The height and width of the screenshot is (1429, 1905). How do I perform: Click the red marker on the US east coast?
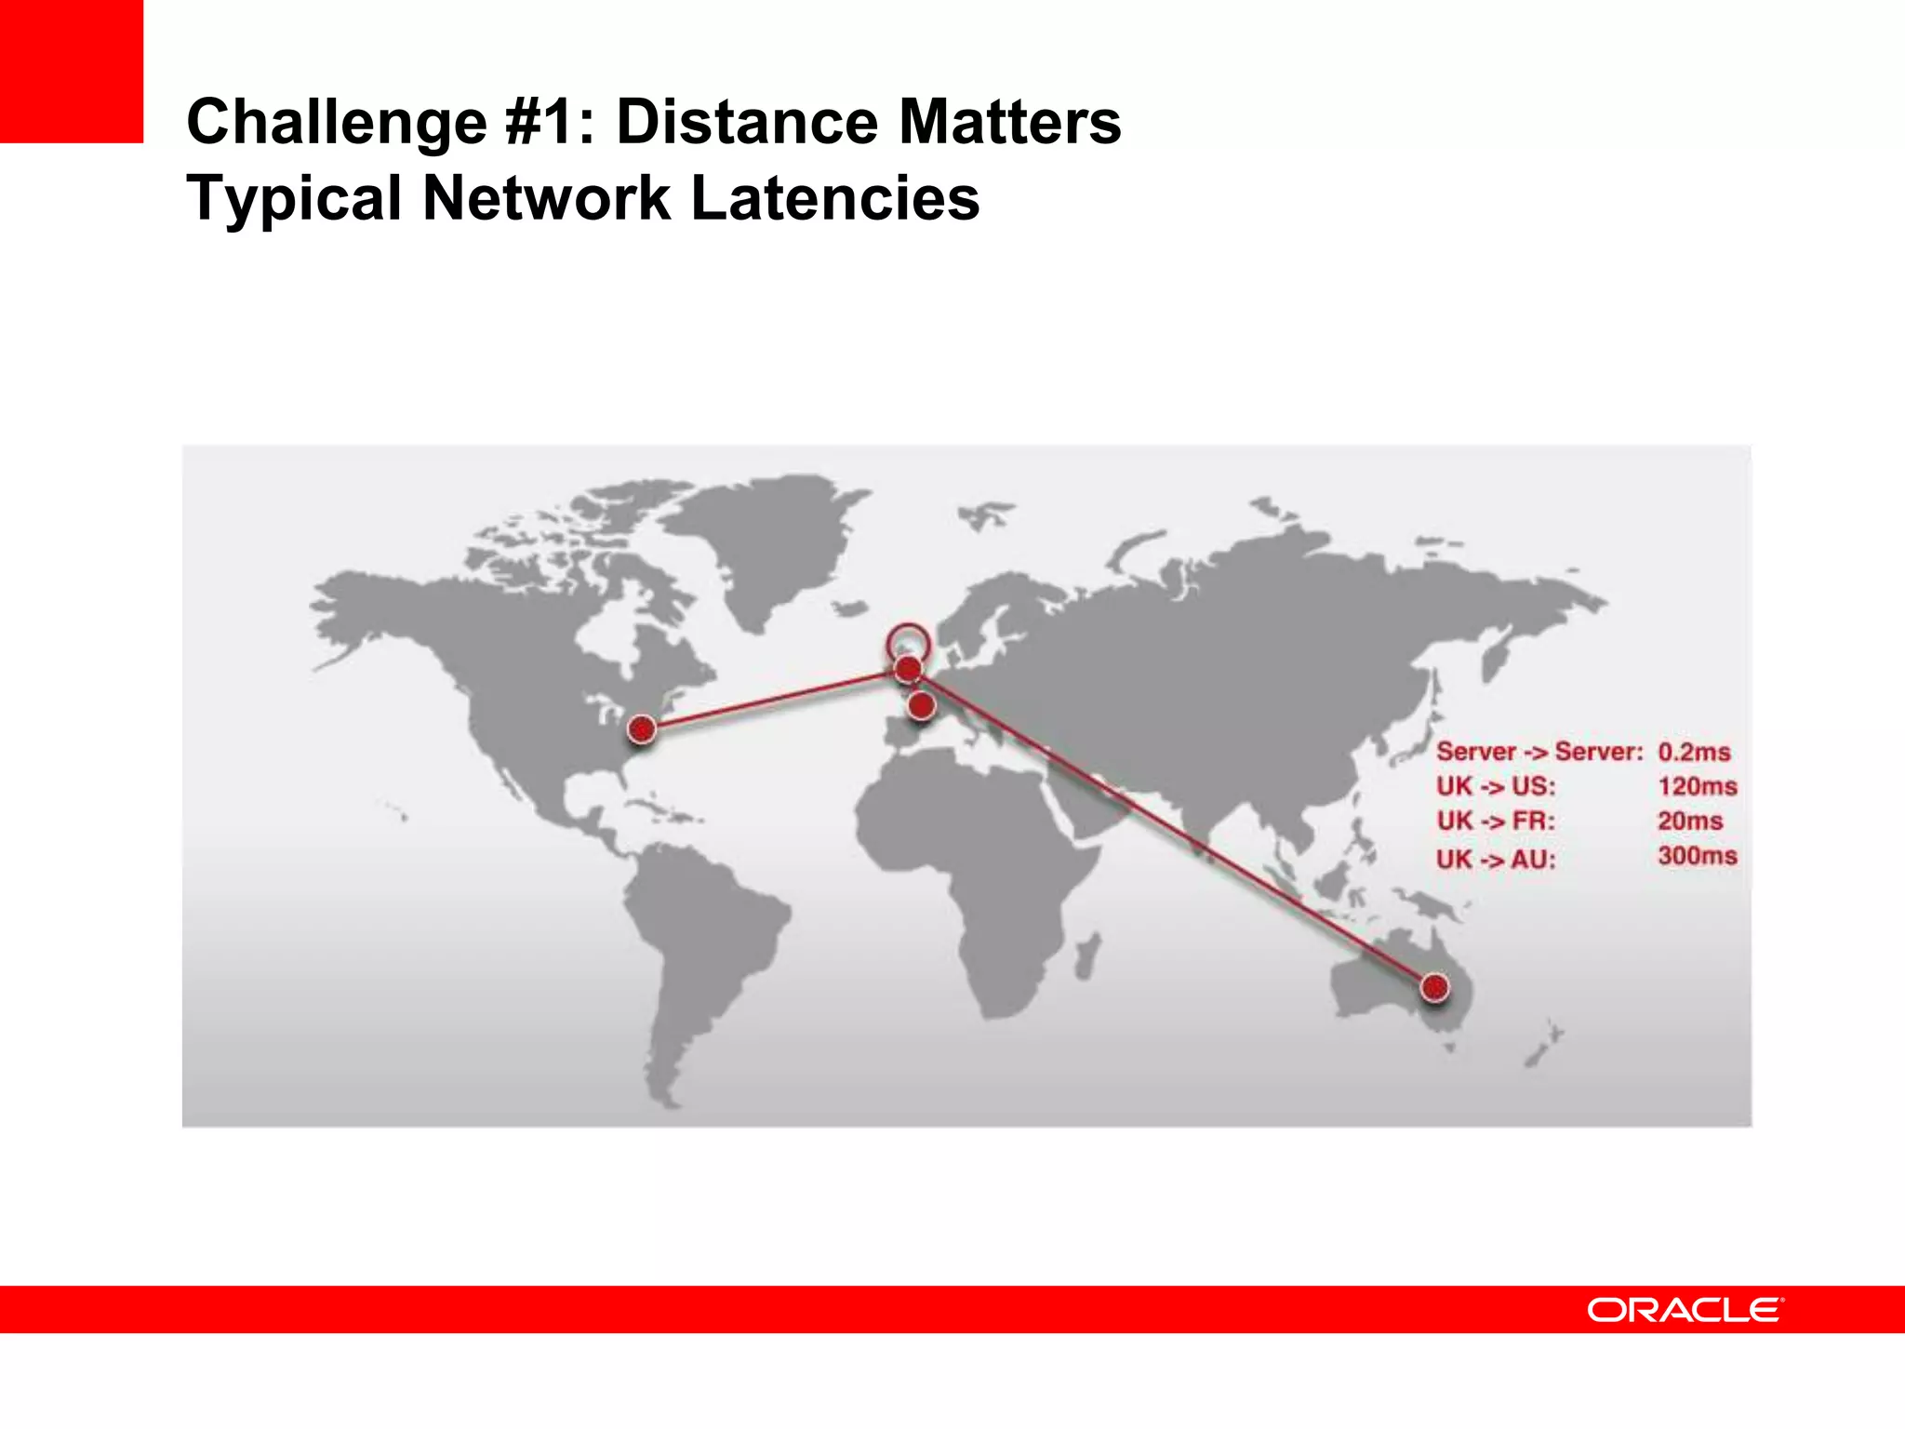tap(641, 729)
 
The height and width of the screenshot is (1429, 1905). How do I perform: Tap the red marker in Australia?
tap(1434, 987)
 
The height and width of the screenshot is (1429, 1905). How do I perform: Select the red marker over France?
tap(921, 705)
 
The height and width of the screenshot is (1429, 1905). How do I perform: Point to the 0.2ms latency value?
tap(1694, 752)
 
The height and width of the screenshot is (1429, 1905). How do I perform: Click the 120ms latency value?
tap(1697, 786)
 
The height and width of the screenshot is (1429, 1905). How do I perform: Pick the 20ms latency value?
tap(1690, 821)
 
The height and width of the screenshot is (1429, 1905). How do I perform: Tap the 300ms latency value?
tap(1697, 856)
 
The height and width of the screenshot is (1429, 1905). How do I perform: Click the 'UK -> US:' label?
tap(1495, 787)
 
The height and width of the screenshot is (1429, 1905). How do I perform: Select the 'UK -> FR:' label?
tap(1495, 821)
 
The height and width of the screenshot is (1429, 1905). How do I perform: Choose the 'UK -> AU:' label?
tap(1495, 859)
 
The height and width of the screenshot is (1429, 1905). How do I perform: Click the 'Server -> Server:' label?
tap(1539, 752)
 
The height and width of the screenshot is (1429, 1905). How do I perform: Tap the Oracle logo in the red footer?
tap(1685, 1310)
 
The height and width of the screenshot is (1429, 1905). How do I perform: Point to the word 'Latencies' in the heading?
tap(834, 198)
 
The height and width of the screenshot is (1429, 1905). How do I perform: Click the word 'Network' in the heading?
tap(546, 198)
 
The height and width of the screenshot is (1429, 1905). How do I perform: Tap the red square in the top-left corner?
tap(72, 72)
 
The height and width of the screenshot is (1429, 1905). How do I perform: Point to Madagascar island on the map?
tap(1086, 956)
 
